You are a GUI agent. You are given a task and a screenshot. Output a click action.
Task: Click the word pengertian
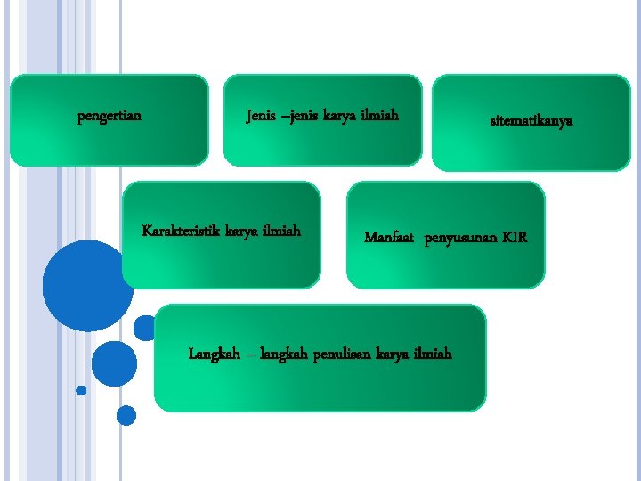point(110,115)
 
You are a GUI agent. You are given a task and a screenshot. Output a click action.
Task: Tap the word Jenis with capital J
point(260,115)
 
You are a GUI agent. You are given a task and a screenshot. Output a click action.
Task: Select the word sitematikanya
point(531,119)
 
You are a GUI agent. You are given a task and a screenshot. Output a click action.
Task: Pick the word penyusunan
point(459,238)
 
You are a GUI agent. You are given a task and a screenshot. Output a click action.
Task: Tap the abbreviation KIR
point(514,238)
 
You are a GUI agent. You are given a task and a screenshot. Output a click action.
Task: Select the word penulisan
point(345,354)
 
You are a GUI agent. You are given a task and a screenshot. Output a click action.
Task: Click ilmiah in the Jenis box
point(377,115)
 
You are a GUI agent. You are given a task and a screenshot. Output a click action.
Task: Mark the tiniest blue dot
point(81,390)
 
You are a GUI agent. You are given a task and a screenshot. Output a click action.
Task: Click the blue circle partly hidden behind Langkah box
point(143,328)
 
